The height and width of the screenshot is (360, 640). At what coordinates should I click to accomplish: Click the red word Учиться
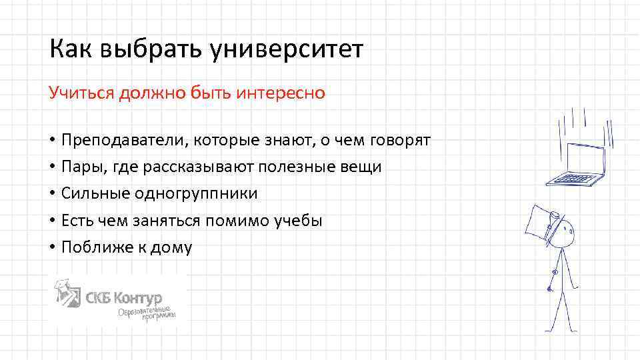81,93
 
